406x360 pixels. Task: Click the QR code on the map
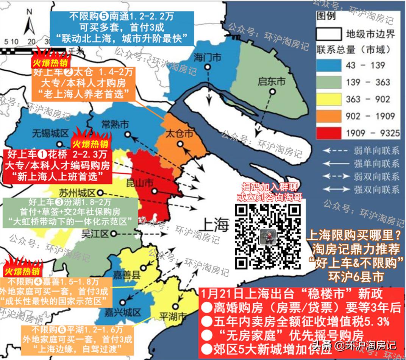pyautogui.click(x=268, y=236)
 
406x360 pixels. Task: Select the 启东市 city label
pyautogui.click(x=271, y=82)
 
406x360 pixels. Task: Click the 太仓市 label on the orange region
pyautogui.click(x=180, y=134)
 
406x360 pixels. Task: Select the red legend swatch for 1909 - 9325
pyautogui.click(x=329, y=133)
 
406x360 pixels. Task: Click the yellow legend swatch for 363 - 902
pyautogui.click(x=329, y=99)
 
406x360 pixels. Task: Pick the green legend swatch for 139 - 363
pyautogui.click(x=329, y=82)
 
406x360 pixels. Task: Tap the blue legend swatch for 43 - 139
pyautogui.click(x=329, y=65)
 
